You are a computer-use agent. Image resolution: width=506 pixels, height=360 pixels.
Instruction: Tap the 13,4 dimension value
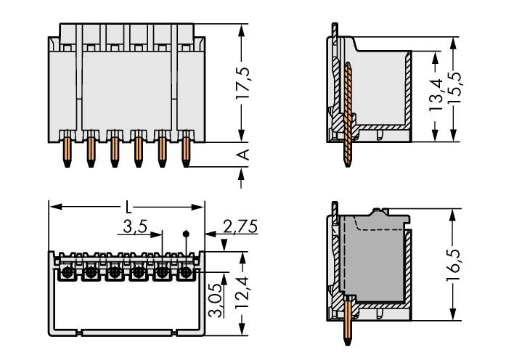click(x=436, y=90)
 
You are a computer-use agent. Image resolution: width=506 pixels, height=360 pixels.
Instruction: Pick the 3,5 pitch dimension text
click(x=134, y=227)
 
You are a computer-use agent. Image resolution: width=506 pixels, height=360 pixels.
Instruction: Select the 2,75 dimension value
click(x=239, y=227)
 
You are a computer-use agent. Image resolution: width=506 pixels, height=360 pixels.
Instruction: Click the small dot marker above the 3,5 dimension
click(x=187, y=234)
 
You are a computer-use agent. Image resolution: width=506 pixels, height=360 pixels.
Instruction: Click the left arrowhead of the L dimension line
click(x=53, y=207)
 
